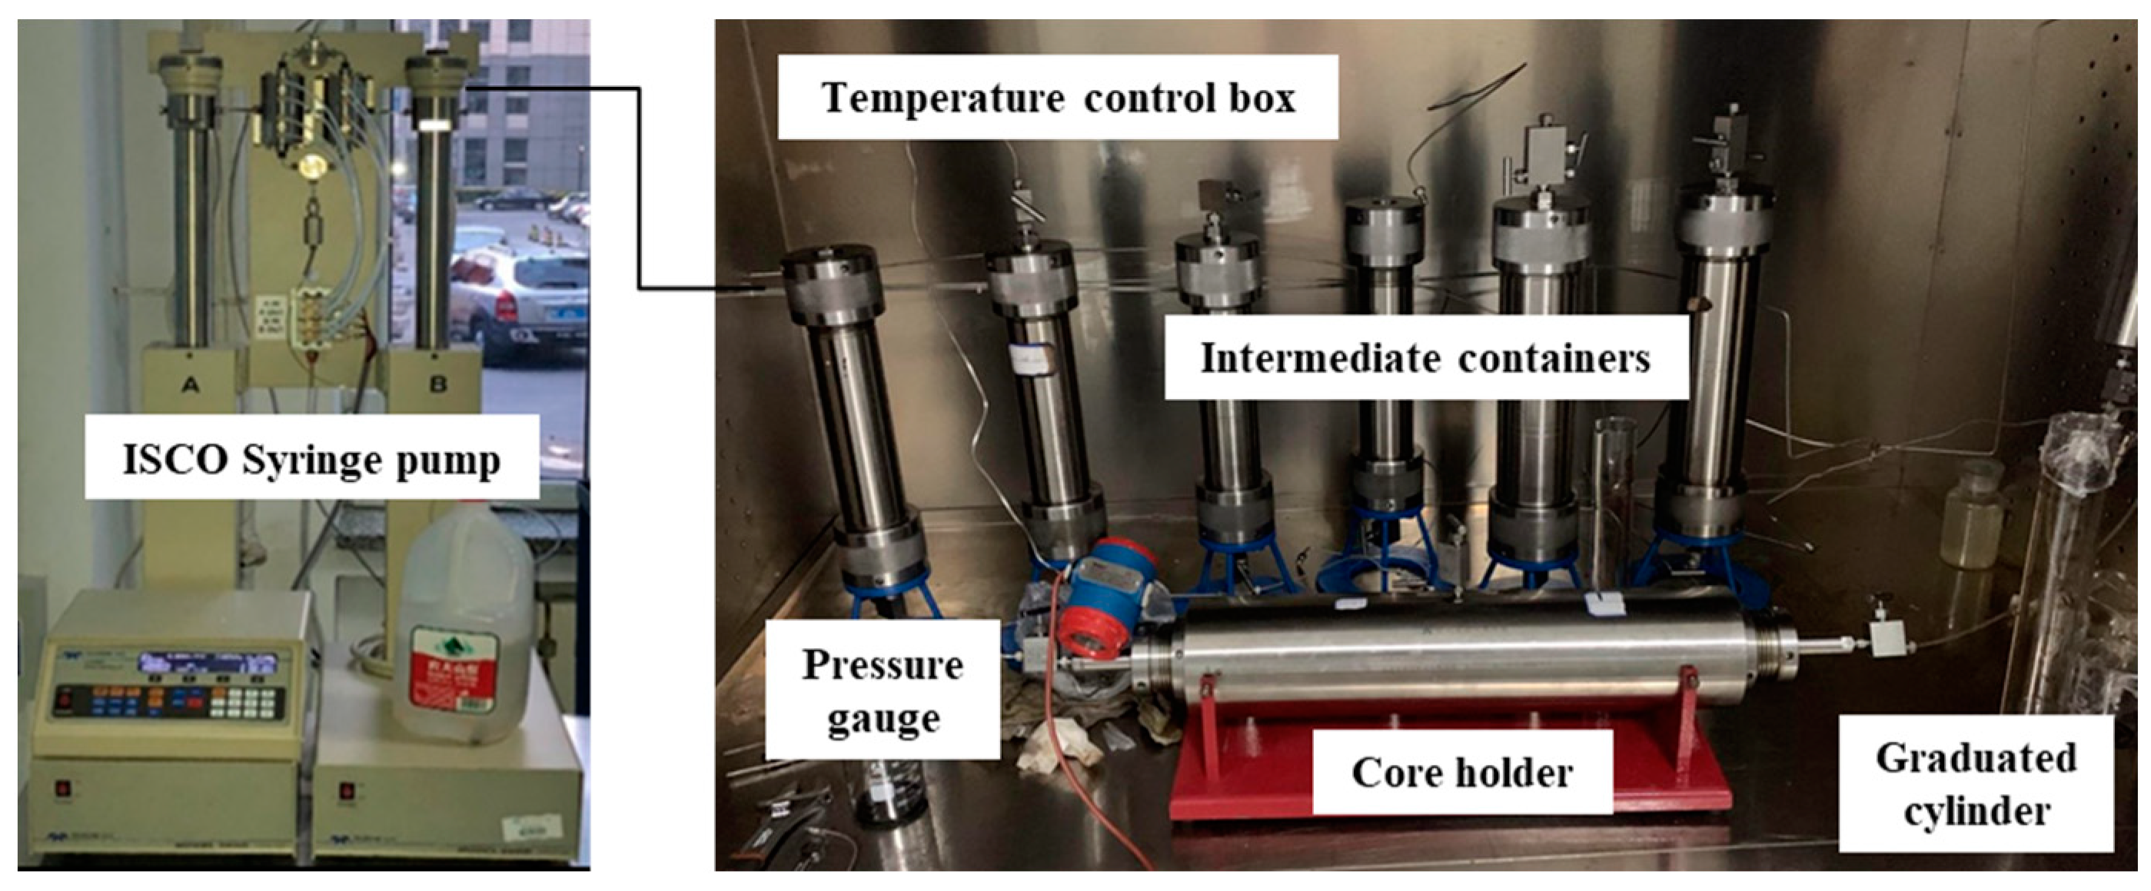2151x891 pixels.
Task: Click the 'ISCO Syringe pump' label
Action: coord(311,458)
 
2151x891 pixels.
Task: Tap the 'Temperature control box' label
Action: coord(1058,97)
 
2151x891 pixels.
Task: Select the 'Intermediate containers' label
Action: coord(1425,358)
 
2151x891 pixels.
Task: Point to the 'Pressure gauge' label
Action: coord(883,690)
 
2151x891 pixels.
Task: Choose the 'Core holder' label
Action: coord(1462,772)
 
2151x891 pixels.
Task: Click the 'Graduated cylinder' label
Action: coord(1976,783)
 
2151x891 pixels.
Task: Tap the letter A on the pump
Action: coord(191,385)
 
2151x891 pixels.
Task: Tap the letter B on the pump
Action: coord(437,385)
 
